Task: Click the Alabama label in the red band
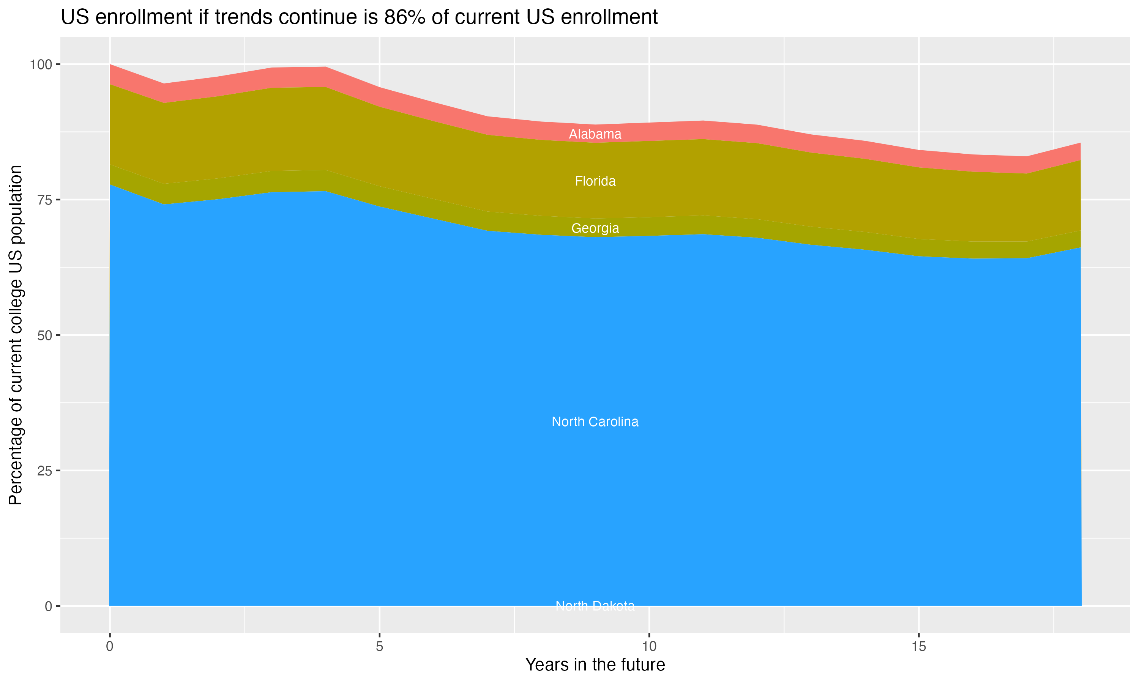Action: (595, 134)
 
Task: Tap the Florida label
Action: (595, 181)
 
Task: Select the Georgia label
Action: (595, 228)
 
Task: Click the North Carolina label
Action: (595, 422)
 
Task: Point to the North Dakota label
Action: (595, 606)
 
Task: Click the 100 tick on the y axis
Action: (41, 65)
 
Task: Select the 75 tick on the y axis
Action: (44, 200)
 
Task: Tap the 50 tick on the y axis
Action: (44, 335)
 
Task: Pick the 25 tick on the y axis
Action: (44, 471)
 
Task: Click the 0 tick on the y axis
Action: (48, 606)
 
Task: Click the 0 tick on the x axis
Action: (110, 647)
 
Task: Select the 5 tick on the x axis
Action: (379, 647)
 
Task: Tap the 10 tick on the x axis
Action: (649, 647)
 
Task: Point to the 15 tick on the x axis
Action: (918, 647)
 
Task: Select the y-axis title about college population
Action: (16, 335)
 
